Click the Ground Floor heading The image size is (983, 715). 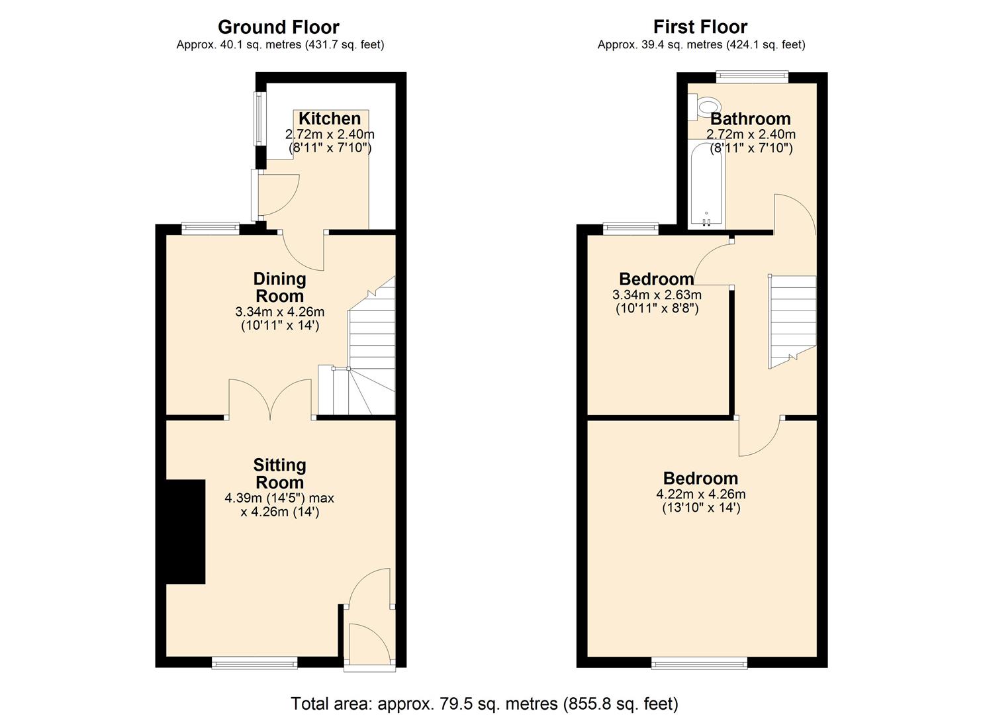[x=279, y=27]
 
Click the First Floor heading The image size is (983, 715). [x=700, y=27]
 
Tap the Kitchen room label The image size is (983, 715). [x=330, y=119]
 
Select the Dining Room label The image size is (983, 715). [x=280, y=287]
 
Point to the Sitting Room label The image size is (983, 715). [x=280, y=473]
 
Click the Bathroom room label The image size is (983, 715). [x=751, y=119]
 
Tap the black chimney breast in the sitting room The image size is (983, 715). [x=185, y=532]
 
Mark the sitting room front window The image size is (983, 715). [x=255, y=663]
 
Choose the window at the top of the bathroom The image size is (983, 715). [x=752, y=77]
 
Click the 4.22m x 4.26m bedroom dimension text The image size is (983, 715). [x=700, y=494]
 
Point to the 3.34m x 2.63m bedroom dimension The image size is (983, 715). [x=657, y=295]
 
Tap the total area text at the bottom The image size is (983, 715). [x=485, y=703]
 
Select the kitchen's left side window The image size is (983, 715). [x=259, y=119]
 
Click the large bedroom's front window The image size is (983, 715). [x=700, y=663]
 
